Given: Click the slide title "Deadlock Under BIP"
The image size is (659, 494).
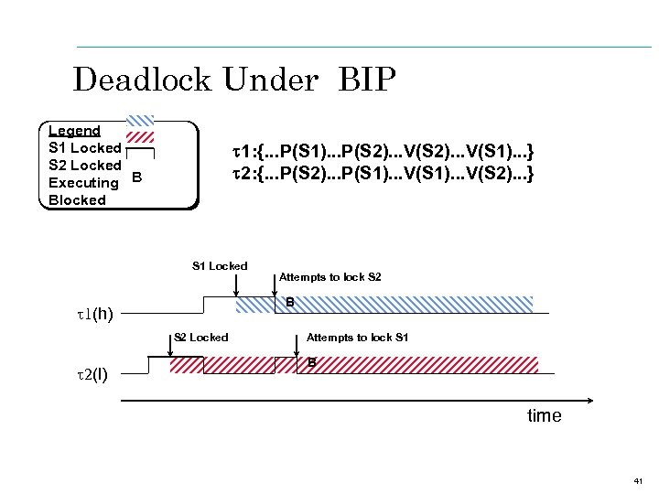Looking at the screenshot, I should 234,80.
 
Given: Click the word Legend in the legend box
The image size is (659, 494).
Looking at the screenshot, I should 74,131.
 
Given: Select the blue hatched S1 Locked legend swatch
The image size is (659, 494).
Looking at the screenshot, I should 139,119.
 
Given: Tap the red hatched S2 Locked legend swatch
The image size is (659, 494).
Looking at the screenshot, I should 139,136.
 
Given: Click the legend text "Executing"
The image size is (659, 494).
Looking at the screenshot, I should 83,183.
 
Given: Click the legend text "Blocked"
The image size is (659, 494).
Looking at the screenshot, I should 77,200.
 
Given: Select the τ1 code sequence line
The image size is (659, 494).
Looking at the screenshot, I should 382,150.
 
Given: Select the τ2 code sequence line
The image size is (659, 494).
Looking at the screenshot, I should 382,172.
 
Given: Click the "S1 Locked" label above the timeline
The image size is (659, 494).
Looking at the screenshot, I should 220,266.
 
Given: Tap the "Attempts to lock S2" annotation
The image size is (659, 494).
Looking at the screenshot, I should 329,276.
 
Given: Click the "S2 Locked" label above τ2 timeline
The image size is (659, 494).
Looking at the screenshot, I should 201,338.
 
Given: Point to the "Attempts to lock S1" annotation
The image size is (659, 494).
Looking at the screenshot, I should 357,338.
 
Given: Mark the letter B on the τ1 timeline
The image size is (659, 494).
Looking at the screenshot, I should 289,303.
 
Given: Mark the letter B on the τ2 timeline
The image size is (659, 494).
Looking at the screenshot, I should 311,363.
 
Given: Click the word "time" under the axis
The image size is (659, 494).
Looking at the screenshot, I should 544,416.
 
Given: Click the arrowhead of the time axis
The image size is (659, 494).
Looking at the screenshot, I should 589,401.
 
